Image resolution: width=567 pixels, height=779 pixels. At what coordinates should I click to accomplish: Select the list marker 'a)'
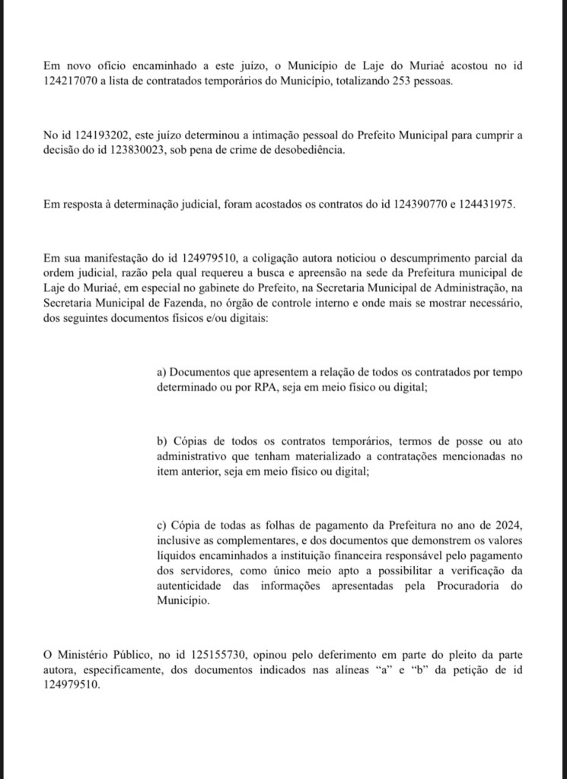point(161,373)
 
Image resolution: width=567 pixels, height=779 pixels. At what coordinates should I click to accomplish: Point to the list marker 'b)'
point(162,441)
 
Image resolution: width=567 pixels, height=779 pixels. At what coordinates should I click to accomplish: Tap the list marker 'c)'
point(161,525)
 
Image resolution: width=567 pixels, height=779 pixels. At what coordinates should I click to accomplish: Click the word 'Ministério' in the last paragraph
point(89,653)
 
